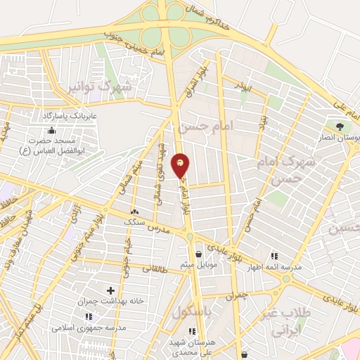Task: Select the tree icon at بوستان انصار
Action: (340, 127)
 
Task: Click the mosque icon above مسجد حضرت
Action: (51, 130)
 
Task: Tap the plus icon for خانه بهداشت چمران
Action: (110, 290)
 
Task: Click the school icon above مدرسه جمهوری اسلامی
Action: (88, 317)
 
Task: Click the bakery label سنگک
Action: (134, 221)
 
